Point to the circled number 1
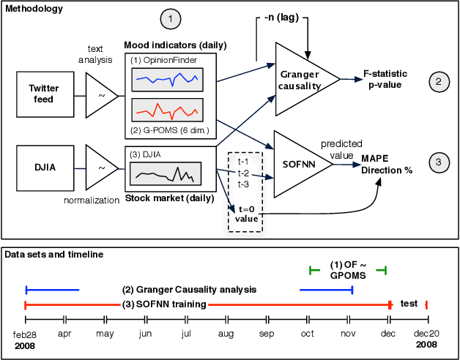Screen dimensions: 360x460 click(x=170, y=17)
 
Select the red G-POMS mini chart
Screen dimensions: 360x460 click(x=168, y=110)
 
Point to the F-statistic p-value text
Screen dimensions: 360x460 click(x=388, y=80)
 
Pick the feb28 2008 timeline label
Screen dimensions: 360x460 click(x=26, y=339)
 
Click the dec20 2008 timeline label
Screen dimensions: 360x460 click(x=427, y=339)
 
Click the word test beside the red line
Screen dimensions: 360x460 click(x=409, y=302)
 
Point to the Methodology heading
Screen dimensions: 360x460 click(x=33, y=9)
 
